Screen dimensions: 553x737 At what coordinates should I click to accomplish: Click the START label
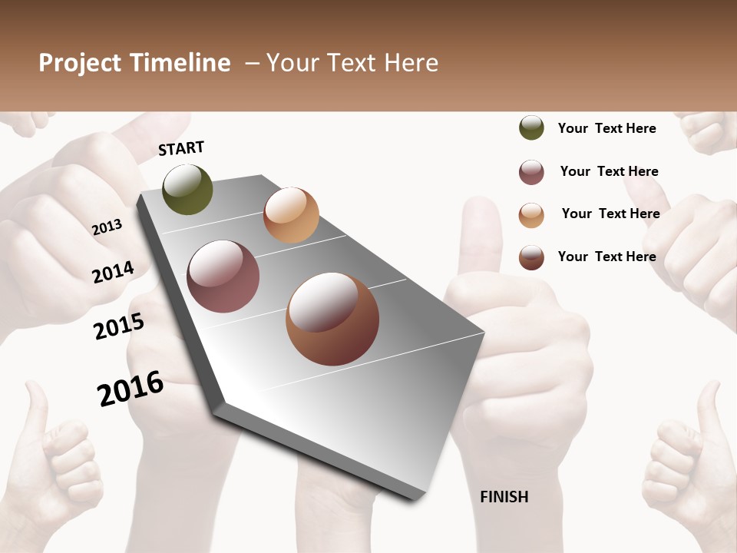coord(181,148)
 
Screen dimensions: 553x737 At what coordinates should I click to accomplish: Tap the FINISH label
coord(504,497)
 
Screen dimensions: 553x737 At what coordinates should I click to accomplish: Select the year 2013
coord(107,227)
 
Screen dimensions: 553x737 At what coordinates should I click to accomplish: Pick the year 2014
coord(114,272)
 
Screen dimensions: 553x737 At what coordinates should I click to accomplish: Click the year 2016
coord(131,389)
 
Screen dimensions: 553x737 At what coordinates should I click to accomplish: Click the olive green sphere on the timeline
coord(188,189)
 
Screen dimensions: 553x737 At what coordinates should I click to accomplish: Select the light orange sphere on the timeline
coord(291,215)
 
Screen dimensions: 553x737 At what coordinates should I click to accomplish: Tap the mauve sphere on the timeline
coord(223,276)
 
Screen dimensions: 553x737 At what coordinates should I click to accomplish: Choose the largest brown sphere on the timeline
coord(332,319)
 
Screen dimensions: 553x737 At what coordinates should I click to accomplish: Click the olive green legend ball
coord(531,127)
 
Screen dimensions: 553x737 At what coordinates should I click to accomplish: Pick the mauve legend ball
coord(531,172)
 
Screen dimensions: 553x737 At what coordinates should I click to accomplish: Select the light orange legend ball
coord(531,215)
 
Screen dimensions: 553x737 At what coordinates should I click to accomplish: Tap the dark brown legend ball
coord(531,257)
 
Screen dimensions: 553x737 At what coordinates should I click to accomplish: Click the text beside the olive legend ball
coord(606,128)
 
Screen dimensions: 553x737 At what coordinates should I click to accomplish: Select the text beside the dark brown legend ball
coord(606,257)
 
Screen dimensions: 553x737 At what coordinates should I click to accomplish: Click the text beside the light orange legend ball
coord(610,214)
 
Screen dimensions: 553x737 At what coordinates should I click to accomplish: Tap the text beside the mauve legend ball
coord(609,171)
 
